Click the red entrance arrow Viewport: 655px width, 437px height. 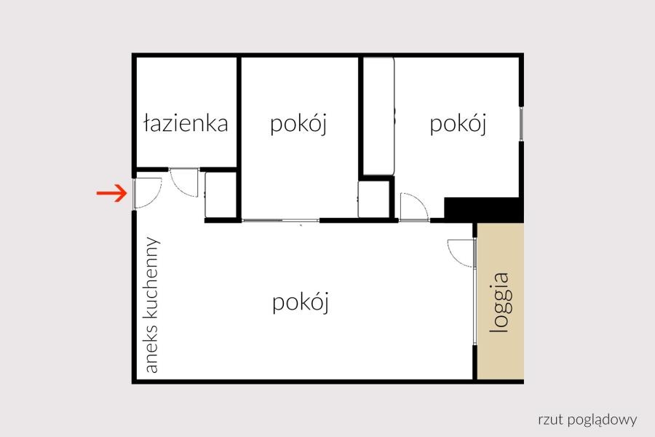click(x=111, y=193)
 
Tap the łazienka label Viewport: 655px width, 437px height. click(x=186, y=124)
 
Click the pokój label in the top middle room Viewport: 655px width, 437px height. click(x=298, y=125)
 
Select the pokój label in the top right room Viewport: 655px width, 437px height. click(x=458, y=125)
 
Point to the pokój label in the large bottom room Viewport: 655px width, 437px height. click(x=301, y=302)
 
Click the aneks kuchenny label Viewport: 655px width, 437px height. click(x=151, y=305)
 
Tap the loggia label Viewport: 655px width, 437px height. click(x=500, y=303)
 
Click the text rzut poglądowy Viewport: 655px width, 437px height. click(x=588, y=420)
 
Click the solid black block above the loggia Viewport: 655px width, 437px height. click(x=484, y=209)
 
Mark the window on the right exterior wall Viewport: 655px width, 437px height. click(x=521, y=123)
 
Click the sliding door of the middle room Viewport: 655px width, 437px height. click(x=281, y=221)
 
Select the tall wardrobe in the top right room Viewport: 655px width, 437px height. click(x=378, y=116)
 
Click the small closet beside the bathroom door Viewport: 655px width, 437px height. click(x=221, y=195)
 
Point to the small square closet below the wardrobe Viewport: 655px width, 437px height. click(x=374, y=200)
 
